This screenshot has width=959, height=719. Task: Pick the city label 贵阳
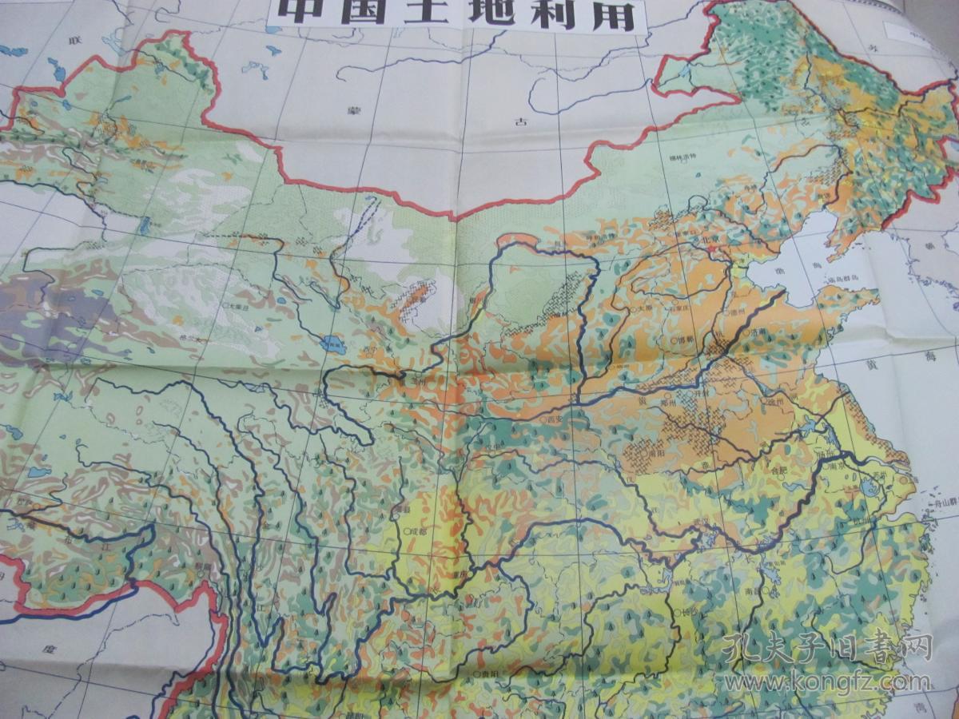click(485, 673)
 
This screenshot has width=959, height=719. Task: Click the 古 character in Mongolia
click(521, 121)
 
